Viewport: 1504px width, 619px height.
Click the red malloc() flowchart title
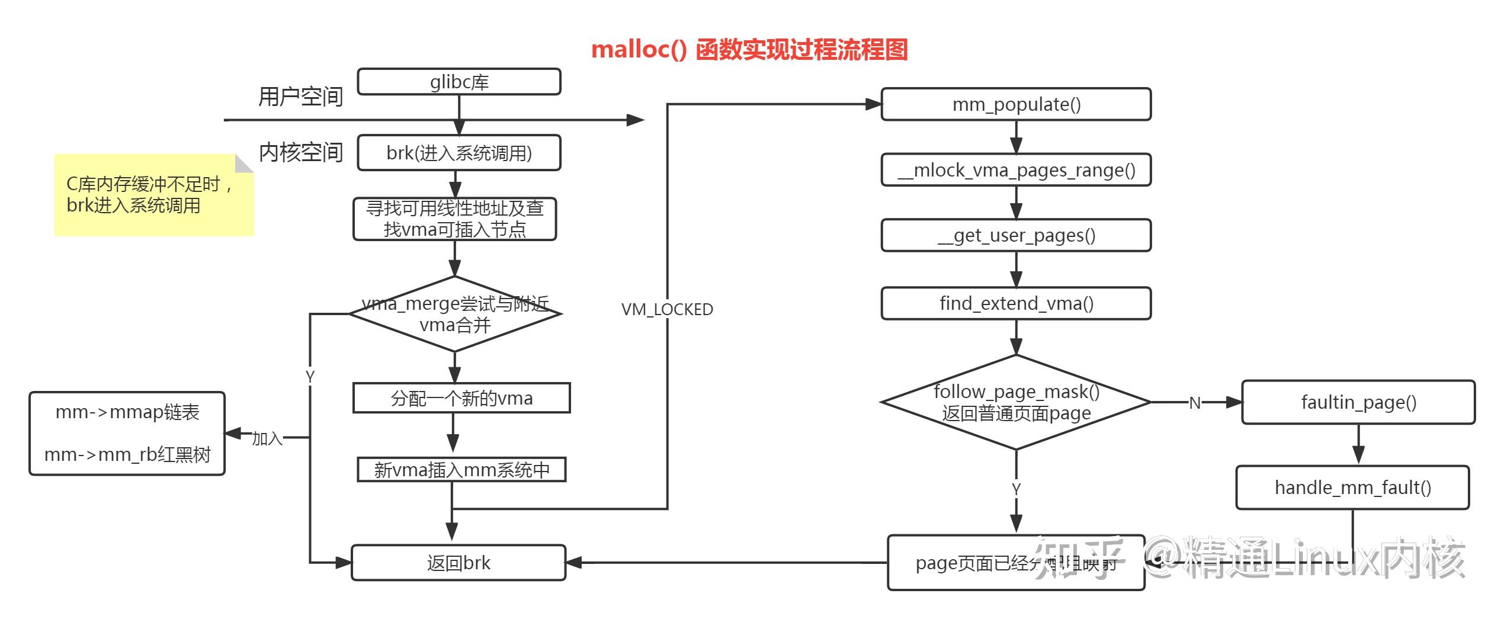tap(749, 50)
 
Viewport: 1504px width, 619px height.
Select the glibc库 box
tap(459, 82)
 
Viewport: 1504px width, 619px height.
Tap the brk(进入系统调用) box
tap(459, 153)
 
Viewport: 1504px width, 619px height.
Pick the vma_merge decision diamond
tap(455, 315)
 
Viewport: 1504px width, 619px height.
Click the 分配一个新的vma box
tap(461, 398)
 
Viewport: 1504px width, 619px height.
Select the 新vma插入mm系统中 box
tap(461, 470)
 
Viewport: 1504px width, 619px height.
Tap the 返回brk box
tap(458, 563)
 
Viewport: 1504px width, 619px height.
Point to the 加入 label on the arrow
tap(267, 439)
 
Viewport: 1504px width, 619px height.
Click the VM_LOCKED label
tap(667, 309)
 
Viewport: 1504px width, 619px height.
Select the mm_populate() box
tap(1016, 105)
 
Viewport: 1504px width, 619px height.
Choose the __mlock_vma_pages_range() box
tap(1016, 171)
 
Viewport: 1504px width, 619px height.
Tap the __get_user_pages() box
tap(1016, 236)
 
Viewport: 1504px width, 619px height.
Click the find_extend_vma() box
tap(1016, 304)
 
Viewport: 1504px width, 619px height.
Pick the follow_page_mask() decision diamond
tap(1016, 402)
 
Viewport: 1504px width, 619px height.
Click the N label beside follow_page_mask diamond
tap(1195, 403)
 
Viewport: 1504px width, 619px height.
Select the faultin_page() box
tap(1358, 403)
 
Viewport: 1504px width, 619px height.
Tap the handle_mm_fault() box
tap(1352, 487)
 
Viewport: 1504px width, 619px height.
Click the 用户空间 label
tap(301, 97)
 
